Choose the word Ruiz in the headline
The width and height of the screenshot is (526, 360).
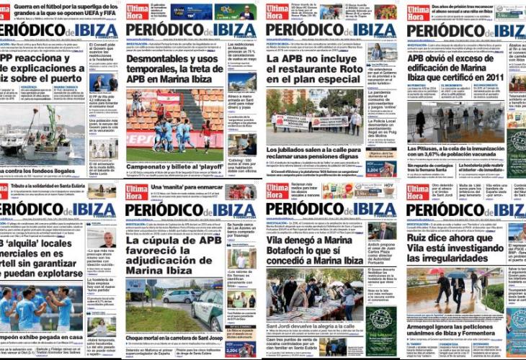(422, 239)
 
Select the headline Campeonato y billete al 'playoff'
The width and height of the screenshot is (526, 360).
(174, 166)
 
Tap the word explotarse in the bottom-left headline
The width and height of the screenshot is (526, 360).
(55, 274)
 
